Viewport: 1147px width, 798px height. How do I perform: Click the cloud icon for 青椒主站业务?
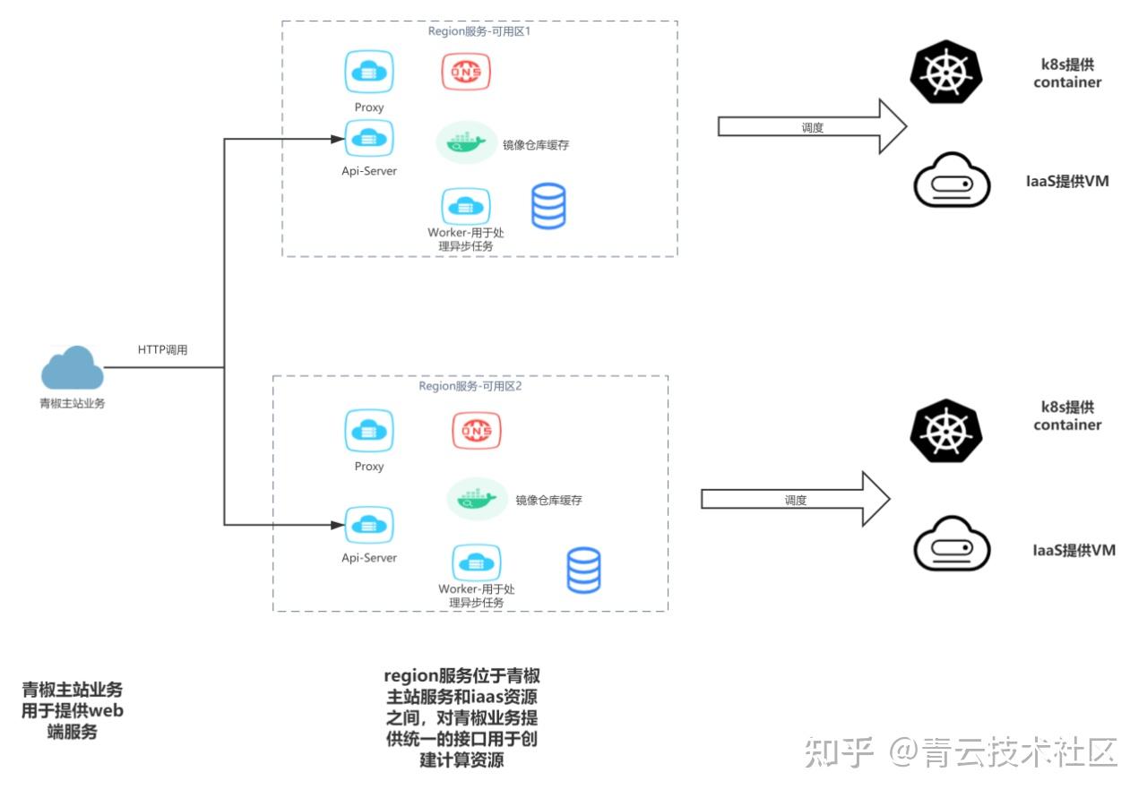coord(72,368)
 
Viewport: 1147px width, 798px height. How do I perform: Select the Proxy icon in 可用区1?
coord(369,72)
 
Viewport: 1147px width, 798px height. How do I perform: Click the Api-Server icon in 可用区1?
coord(369,139)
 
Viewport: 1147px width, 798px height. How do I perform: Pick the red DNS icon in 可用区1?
coord(466,71)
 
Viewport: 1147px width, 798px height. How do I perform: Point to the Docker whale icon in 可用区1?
coord(466,142)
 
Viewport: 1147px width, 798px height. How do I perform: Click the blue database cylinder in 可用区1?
coord(548,206)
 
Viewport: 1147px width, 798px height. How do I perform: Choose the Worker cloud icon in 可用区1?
coord(465,206)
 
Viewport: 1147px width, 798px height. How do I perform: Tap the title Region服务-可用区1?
coord(480,30)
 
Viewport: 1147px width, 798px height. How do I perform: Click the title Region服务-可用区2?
coord(470,386)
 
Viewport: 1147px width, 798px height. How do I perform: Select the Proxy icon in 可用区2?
coord(369,431)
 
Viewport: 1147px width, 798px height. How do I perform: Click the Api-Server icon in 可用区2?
coord(369,524)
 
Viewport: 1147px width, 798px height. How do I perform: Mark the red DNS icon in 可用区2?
coord(476,431)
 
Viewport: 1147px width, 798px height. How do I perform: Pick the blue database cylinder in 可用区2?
coord(583,571)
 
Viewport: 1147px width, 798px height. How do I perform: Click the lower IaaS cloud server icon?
coord(952,544)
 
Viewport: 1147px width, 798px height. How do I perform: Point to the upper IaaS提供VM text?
coord(1067,181)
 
